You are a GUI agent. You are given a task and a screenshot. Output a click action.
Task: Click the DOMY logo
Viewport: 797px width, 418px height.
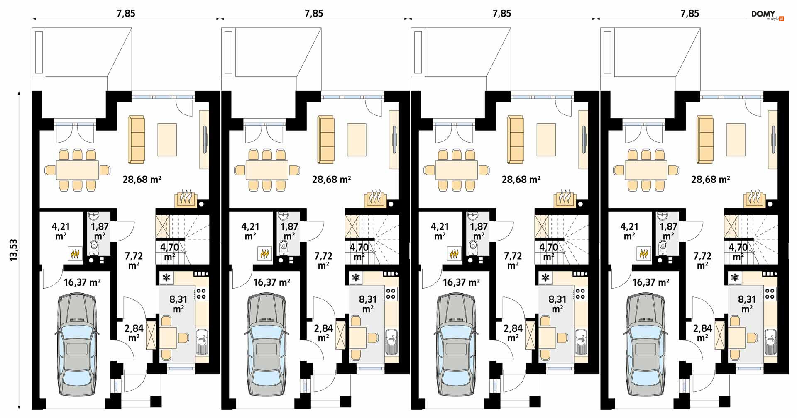pyautogui.click(x=767, y=15)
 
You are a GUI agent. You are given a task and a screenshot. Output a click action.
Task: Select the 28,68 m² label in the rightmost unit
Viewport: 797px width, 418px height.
pyautogui.click(x=710, y=180)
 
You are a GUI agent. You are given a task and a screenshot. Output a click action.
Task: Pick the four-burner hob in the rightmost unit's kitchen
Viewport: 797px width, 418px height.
pyautogui.click(x=770, y=294)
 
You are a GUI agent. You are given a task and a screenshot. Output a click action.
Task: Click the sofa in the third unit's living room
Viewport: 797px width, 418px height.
pyautogui.click(x=515, y=139)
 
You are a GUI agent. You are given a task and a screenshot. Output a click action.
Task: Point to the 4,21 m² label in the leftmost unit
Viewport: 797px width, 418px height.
pyautogui.click(x=61, y=231)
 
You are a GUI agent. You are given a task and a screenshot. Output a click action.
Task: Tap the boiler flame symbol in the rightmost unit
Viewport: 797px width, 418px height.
pyautogui.click(x=644, y=253)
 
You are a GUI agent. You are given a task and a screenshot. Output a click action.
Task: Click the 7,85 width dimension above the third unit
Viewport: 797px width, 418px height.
pyautogui.click(x=502, y=14)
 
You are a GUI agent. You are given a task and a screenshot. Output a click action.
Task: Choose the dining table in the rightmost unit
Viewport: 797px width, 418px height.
pyautogui.click(x=646, y=170)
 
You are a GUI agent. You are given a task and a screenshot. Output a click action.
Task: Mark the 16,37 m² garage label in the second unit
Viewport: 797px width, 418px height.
pyautogui.click(x=271, y=282)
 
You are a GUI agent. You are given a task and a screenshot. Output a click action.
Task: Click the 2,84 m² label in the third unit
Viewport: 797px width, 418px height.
pyautogui.click(x=513, y=333)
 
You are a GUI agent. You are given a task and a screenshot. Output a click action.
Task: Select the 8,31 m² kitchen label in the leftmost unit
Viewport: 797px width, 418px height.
pyautogui.click(x=178, y=304)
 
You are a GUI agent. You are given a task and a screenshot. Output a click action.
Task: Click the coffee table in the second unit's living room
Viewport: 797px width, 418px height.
pyautogui.click(x=357, y=139)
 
